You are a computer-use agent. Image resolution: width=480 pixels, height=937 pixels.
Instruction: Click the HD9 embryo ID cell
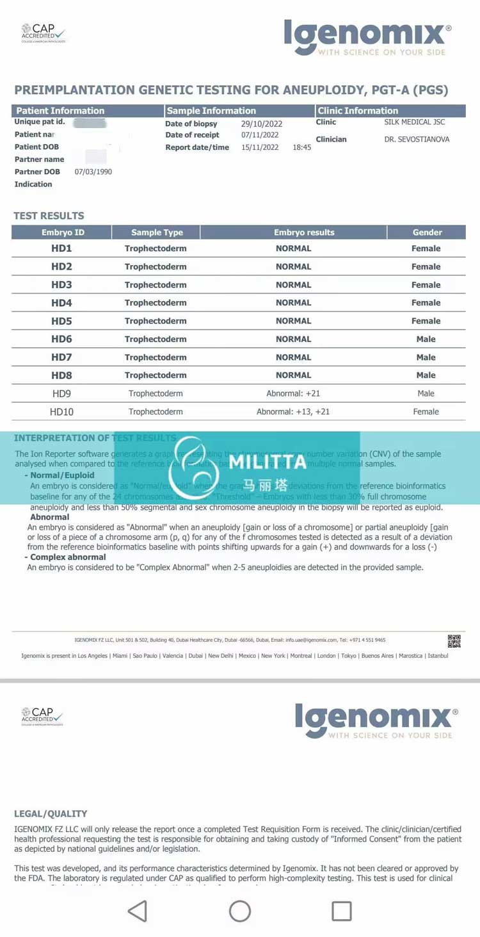pyautogui.click(x=61, y=393)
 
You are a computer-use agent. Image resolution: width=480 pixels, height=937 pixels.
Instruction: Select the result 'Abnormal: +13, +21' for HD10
pyautogui.click(x=293, y=412)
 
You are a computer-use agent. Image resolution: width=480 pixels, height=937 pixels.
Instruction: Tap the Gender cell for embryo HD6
pyautogui.click(x=426, y=339)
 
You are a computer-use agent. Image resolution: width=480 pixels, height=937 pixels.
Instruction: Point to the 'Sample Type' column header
pyautogui.click(x=157, y=232)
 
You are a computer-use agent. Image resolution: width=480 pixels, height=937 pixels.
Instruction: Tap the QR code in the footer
pyautogui.click(x=454, y=641)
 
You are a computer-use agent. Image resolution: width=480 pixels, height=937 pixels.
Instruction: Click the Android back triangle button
pyautogui.click(x=138, y=911)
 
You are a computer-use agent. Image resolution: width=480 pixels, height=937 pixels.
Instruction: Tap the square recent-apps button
pyautogui.click(x=341, y=911)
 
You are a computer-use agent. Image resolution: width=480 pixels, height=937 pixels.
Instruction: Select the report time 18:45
pyautogui.click(x=302, y=147)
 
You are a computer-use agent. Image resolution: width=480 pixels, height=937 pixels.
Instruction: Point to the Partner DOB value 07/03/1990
pyautogui.click(x=93, y=172)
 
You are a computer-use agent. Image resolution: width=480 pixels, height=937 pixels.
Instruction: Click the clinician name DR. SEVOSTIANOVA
pyautogui.click(x=417, y=139)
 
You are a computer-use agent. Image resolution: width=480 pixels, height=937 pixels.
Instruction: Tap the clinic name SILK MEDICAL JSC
pyautogui.click(x=415, y=122)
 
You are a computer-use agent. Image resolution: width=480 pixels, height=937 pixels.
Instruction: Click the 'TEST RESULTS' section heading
pyautogui.click(x=49, y=216)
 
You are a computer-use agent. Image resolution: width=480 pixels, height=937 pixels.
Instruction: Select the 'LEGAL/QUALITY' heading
pyautogui.click(x=51, y=813)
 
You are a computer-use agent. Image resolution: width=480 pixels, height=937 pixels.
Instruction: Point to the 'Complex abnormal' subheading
pyautogui.click(x=68, y=557)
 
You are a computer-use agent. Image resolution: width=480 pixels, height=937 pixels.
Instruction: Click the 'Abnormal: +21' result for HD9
pyautogui.click(x=293, y=393)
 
